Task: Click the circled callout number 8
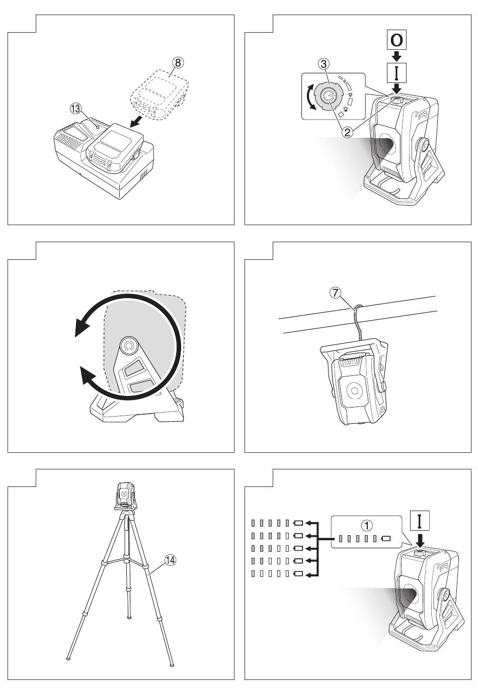(x=177, y=63)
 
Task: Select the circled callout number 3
(x=324, y=64)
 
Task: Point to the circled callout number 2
(x=347, y=132)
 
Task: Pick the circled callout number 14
(x=170, y=560)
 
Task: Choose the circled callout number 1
(x=367, y=526)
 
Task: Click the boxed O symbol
(x=396, y=40)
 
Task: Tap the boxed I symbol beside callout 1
(x=420, y=520)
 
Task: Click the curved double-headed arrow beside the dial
(x=308, y=97)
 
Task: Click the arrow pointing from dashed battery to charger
(x=136, y=123)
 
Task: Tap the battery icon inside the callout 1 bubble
(x=386, y=538)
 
